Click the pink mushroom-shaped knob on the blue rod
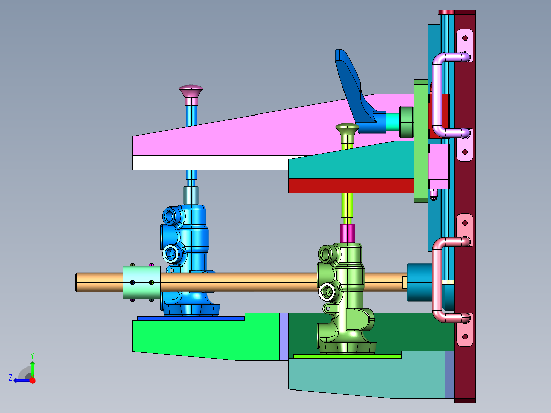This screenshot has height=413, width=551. (x=191, y=91)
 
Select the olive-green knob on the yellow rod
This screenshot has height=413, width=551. (x=347, y=129)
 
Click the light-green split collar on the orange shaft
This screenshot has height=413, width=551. (x=142, y=282)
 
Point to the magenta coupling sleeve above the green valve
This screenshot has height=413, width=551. (x=347, y=233)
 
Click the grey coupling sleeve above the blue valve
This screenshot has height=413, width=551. (x=191, y=195)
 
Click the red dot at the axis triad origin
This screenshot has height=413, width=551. (x=32, y=380)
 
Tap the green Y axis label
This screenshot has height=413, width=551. (x=32, y=355)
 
